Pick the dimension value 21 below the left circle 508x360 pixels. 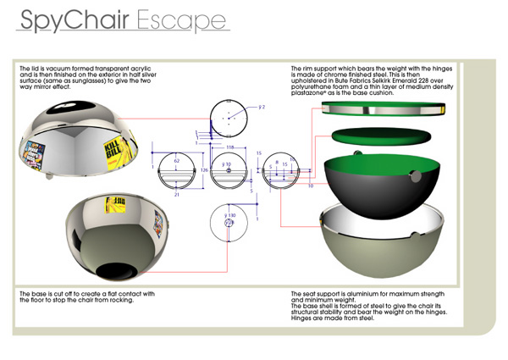(176, 193)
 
